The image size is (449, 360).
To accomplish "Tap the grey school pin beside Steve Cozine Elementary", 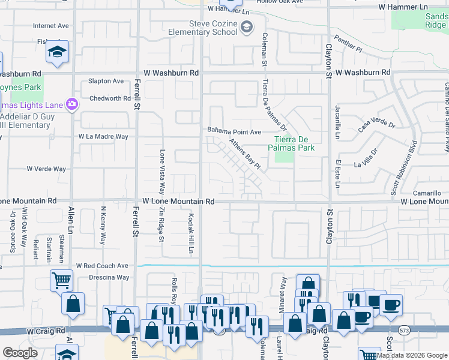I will tap(246, 27).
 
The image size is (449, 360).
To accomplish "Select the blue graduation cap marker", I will tap(58, 52).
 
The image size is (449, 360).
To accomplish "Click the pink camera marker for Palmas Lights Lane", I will tap(71, 105).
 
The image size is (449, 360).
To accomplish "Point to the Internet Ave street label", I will tap(51, 26).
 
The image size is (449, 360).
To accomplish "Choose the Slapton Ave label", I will tap(106, 81).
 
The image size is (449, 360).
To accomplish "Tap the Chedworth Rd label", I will tap(109, 98).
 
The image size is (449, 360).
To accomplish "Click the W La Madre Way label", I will tap(103, 137).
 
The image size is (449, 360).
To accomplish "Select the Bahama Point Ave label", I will tap(234, 131).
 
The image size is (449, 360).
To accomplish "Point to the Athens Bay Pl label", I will tap(246, 154).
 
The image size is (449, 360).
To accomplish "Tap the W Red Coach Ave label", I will tap(102, 265).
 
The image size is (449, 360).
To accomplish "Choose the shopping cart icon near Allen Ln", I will tap(61, 280).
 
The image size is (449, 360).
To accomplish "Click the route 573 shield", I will tap(405, 330).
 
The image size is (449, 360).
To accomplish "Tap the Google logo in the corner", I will tap(20, 353).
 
